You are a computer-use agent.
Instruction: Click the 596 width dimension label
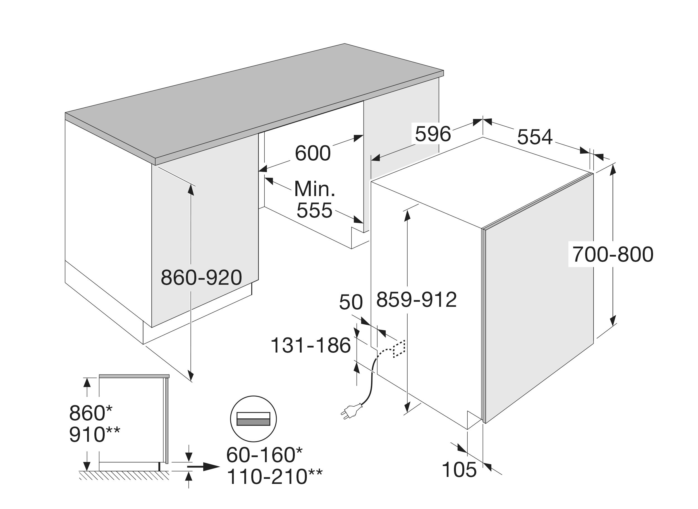pos(433,134)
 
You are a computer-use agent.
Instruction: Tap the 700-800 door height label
pos(613,254)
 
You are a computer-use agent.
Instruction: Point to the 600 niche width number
pos(313,153)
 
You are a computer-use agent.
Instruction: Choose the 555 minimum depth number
pos(315,211)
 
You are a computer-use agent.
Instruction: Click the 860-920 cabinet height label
pos(201,277)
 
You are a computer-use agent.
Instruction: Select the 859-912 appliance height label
pos(416,299)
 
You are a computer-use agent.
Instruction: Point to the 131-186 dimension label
pos(310,345)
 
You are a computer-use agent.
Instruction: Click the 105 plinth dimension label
pos(459,470)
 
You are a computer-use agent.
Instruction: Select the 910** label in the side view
pos(94,435)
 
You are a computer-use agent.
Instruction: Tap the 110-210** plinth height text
pos(274,477)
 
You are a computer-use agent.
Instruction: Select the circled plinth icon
pos(253,419)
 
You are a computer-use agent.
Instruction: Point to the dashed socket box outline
pos(399,349)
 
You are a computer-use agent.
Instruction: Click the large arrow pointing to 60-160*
pos(204,467)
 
